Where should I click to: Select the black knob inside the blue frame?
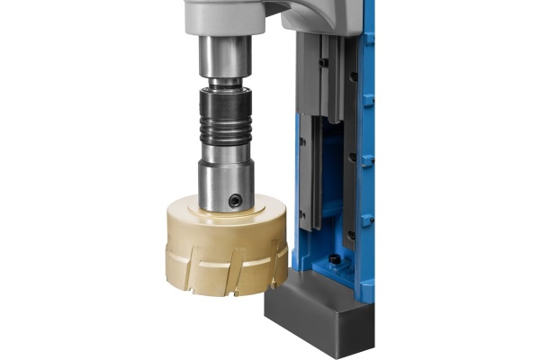tap(334, 259)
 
